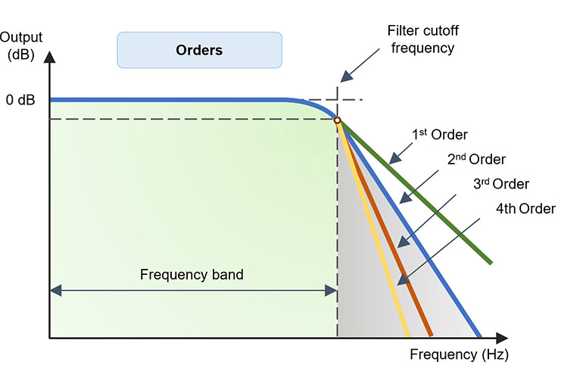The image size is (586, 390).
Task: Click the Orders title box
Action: (199, 51)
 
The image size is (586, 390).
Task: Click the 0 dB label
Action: (20, 100)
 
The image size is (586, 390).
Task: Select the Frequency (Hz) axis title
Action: (459, 354)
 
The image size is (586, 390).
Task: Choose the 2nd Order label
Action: (475, 160)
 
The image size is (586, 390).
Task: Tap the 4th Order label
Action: (525, 208)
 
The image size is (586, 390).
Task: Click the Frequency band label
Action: (192, 274)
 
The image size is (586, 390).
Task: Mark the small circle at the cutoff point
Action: (337, 120)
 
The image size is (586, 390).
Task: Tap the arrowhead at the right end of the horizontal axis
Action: (502, 338)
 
